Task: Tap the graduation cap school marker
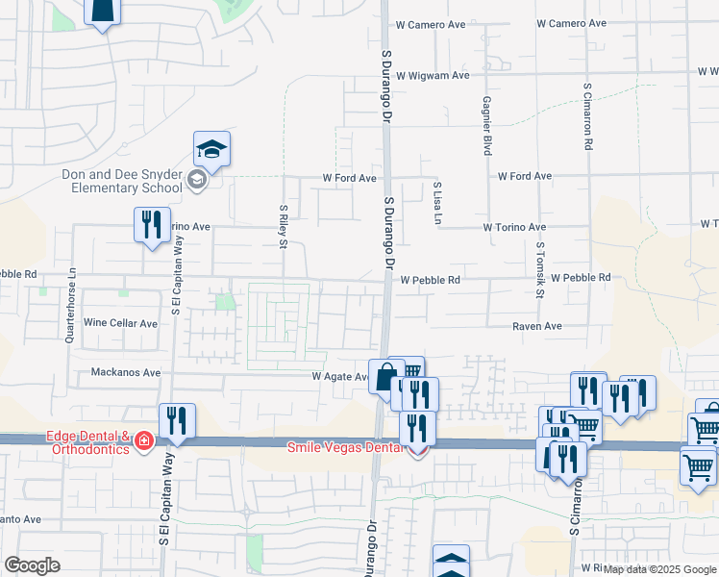point(211,149)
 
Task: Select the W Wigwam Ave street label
point(432,74)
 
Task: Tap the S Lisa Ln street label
point(437,204)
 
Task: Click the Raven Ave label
point(536,327)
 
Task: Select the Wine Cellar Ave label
point(121,323)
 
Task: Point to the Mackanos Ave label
point(125,372)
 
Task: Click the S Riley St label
point(284,225)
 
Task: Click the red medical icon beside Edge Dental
point(144,440)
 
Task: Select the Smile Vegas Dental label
point(350,447)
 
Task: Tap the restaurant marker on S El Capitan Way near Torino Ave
point(152,225)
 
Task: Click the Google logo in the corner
point(33,565)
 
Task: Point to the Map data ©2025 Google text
point(660,569)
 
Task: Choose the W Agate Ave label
point(339,377)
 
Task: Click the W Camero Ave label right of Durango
point(571,23)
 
